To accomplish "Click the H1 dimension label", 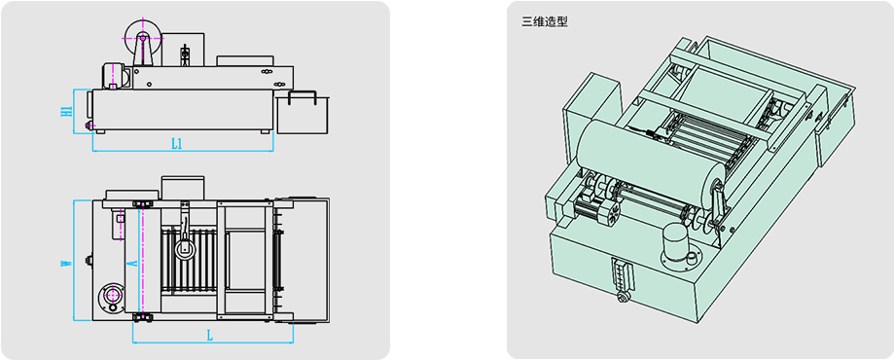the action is pyautogui.click(x=66, y=111).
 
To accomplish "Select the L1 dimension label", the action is pyautogui.click(x=177, y=144).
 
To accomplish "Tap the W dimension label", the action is pyautogui.click(x=66, y=263).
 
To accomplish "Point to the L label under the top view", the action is pyautogui.click(x=210, y=336).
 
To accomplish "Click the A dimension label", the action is pyautogui.click(x=130, y=263).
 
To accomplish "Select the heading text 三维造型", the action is pyautogui.click(x=545, y=22).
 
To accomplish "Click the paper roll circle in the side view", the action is pyautogui.click(x=142, y=37).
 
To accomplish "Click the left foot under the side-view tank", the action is pyautogui.click(x=100, y=131).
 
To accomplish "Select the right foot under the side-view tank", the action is pyautogui.click(x=265, y=131).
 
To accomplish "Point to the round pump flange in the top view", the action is pyautogui.click(x=111, y=296).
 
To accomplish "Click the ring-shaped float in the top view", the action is pyautogui.click(x=185, y=248).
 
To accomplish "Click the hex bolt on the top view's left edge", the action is pyautogui.click(x=89, y=262).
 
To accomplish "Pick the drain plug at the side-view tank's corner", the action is pyautogui.click(x=89, y=125).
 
